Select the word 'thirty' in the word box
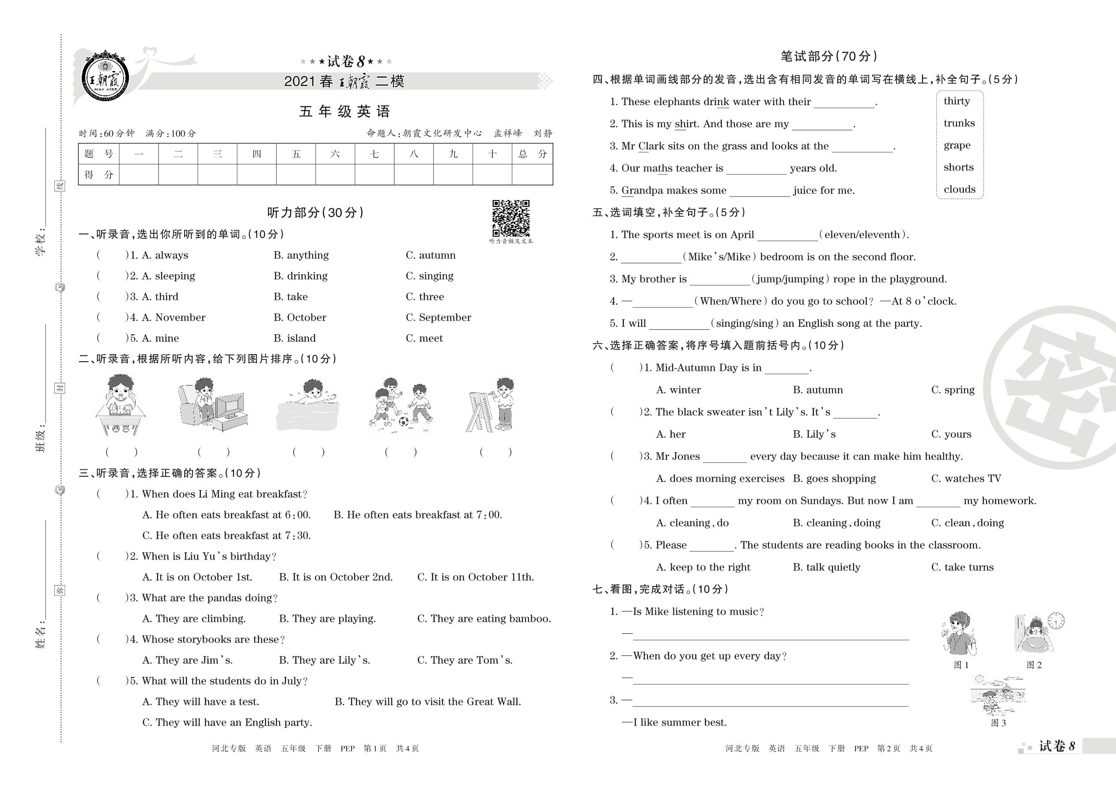tap(957, 101)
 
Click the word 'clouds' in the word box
tap(959, 189)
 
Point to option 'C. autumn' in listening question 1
tap(431, 255)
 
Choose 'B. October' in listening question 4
tap(300, 318)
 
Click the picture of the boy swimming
tap(307, 406)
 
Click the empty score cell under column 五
tap(296, 174)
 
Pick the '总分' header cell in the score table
tap(532, 154)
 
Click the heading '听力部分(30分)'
tap(316, 212)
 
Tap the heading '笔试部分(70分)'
tap(828, 57)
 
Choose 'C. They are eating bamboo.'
tap(484, 619)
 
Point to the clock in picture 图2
tap(1055, 620)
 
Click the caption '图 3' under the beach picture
tap(998, 723)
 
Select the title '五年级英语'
tap(344, 111)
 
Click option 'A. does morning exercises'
tap(719, 479)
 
